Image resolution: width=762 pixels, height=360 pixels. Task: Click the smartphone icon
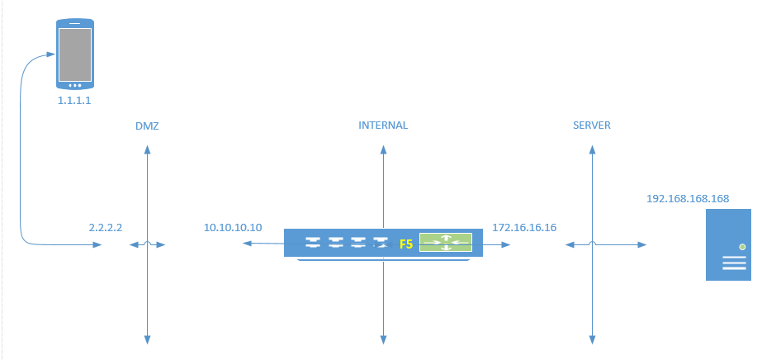[x=74, y=55]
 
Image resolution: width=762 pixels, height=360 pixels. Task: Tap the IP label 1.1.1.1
[x=74, y=100]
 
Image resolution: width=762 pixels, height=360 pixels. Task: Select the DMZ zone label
[x=147, y=126]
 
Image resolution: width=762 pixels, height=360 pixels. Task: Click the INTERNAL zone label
[x=383, y=126]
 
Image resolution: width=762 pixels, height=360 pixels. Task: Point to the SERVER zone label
[x=592, y=126]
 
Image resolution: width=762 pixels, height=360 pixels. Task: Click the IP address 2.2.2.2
[x=106, y=226]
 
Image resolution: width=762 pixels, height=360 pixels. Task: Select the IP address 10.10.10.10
[x=233, y=227]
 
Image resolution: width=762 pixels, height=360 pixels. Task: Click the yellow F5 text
[x=406, y=244]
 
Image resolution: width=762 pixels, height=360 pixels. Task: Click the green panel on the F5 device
[x=445, y=242]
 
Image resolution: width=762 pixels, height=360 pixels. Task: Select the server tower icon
[x=728, y=244]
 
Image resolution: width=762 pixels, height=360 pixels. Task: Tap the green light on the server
[x=742, y=247]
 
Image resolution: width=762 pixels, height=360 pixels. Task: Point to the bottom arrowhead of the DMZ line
[x=147, y=339]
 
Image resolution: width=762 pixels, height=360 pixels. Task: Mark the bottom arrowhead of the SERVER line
[x=592, y=339]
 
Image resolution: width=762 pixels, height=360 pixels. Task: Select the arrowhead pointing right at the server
[x=642, y=244]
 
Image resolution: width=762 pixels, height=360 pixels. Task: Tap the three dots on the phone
[x=74, y=84]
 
